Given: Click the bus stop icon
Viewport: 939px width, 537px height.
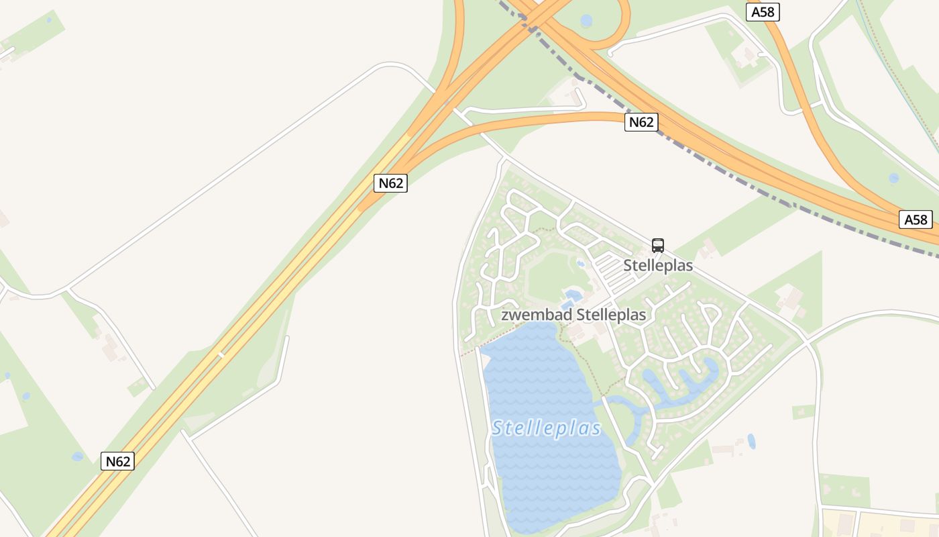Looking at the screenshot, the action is point(657,246).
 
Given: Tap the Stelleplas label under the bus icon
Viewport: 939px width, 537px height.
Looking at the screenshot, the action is point(658,265).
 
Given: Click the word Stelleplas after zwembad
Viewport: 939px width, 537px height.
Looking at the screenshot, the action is point(611,315).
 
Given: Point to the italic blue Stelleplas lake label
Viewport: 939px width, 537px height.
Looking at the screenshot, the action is point(546,428).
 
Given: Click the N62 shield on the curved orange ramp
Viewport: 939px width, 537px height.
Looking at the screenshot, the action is point(641,122).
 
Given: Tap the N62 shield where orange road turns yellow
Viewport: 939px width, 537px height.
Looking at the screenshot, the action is point(390,183).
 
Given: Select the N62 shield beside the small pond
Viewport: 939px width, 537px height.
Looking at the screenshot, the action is point(117,461).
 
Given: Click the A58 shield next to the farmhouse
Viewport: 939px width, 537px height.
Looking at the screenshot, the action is point(763,12).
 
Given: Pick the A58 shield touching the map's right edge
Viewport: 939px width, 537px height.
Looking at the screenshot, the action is point(916,219).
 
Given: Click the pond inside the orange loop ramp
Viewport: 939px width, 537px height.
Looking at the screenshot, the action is point(586,21).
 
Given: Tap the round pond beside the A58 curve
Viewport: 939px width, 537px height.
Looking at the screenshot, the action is point(893,178).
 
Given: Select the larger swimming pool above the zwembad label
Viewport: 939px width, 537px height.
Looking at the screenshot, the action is point(573,294).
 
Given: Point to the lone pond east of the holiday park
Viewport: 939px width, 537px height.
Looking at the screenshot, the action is point(751,441).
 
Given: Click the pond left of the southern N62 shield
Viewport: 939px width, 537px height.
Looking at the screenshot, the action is point(78,456).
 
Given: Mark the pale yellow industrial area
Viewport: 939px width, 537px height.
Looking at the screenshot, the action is point(879,524).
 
